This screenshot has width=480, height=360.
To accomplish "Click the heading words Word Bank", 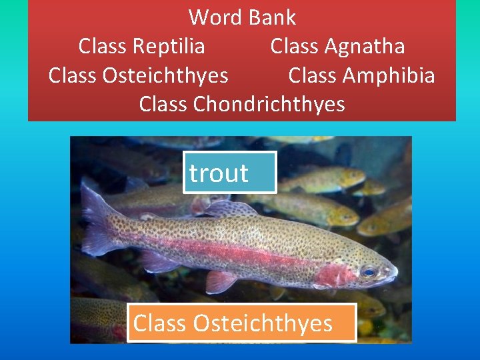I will point(242,17).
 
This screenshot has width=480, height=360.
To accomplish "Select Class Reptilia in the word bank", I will point(141,46).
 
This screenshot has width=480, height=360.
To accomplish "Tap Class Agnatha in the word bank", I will point(337,46).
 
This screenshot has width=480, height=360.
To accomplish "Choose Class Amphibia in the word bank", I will point(361,75).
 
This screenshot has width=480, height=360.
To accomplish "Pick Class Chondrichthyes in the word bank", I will point(242,104).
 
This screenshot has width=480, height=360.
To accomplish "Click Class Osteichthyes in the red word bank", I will point(139,75).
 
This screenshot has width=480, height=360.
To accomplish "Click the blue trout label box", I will point(230,173).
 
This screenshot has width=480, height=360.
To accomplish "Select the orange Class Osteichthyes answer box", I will point(242,323).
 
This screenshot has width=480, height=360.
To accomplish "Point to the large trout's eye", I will point(368,271).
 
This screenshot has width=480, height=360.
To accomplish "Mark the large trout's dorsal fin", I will point(230,209).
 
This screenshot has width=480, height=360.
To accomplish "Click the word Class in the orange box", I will point(160,323).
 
